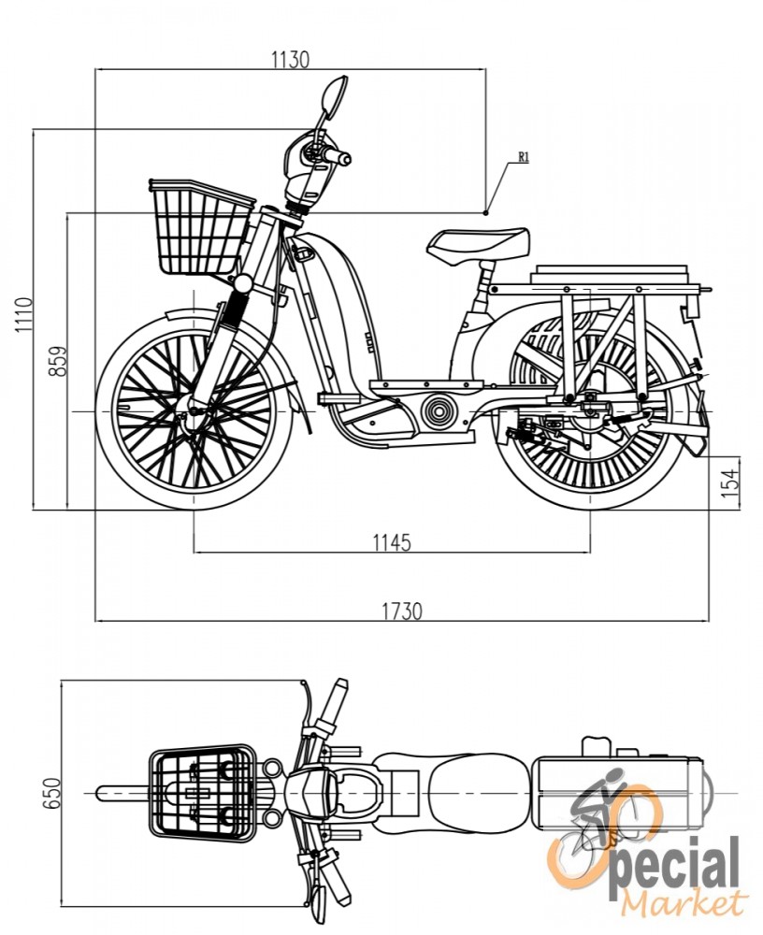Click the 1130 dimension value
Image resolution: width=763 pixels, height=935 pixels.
(x=291, y=60)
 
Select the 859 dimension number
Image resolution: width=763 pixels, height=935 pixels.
(x=58, y=361)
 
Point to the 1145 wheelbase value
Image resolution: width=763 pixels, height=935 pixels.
(x=392, y=542)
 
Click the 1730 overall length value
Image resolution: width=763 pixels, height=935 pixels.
(x=402, y=611)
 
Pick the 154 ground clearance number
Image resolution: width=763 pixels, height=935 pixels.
(x=730, y=480)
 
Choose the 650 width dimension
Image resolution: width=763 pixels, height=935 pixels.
(x=52, y=793)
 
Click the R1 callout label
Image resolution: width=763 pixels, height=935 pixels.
(x=524, y=157)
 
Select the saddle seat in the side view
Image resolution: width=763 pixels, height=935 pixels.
(x=478, y=246)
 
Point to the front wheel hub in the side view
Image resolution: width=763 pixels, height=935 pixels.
(x=193, y=410)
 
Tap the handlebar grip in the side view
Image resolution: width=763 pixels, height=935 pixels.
(x=336, y=157)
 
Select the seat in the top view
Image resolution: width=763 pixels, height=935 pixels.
(x=479, y=793)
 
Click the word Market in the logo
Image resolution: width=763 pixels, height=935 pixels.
(x=684, y=904)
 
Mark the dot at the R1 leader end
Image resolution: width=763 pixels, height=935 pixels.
(x=486, y=212)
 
